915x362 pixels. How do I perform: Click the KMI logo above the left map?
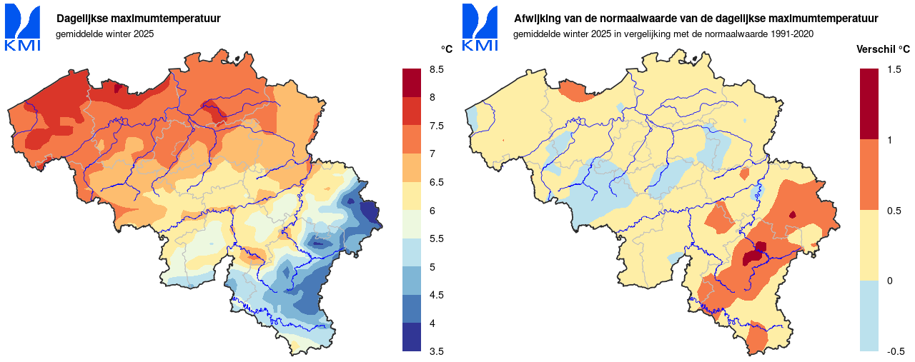pos(22,28)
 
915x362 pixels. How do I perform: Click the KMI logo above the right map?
pos(480,28)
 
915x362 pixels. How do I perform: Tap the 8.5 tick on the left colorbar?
pos(435,69)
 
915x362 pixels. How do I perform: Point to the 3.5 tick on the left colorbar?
pos(435,351)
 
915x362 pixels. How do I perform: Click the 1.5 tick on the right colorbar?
pos(894,69)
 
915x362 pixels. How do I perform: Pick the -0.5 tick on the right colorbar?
pos(896,351)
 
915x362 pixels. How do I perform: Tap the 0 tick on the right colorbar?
pos(889,281)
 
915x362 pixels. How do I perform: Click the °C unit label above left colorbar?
pos(446,49)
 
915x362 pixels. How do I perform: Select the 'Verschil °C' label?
pos(883,49)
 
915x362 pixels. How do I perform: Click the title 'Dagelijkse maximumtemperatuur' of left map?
pos(138,19)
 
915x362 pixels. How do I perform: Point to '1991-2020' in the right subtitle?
pos(793,34)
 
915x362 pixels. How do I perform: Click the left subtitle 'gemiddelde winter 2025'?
pos(104,34)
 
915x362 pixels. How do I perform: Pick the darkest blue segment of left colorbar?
pos(412,337)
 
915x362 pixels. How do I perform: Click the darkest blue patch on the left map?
pos(370,212)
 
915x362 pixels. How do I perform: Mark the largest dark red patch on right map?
pos(752,256)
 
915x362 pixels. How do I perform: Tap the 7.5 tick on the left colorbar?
pos(435,126)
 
